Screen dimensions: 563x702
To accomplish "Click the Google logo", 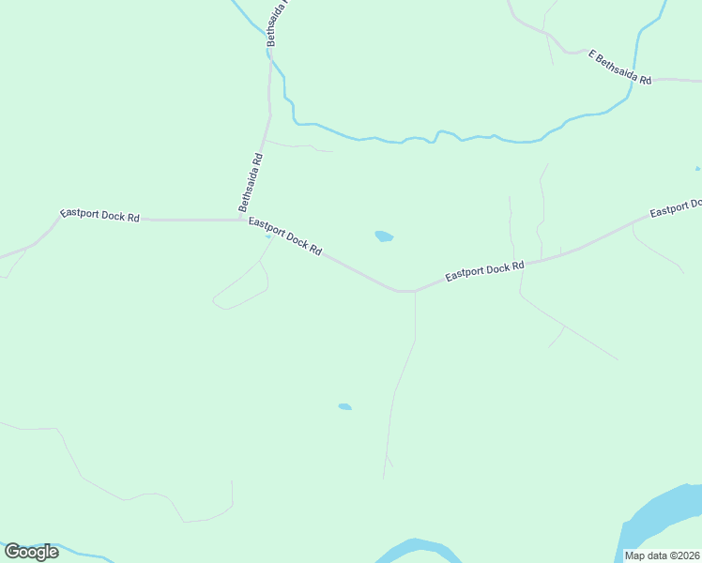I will click(32, 551).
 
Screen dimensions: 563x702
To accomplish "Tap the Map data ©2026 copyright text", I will click(663, 555).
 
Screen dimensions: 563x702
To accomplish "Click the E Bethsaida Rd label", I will click(619, 68).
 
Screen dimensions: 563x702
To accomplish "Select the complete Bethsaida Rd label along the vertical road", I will click(250, 182).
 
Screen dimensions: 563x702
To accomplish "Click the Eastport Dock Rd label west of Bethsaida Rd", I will click(99, 215).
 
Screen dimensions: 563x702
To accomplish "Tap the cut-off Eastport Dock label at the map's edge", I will click(676, 208).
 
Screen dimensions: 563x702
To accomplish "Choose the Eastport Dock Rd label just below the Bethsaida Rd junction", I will click(285, 236).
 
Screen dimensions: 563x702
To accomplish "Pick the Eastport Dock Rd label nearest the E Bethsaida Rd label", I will click(484, 271).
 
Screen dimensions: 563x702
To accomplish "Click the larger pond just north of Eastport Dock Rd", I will click(384, 236).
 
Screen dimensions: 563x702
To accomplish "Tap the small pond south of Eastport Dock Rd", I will click(344, 406).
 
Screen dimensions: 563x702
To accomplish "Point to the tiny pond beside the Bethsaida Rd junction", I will click(267, 236).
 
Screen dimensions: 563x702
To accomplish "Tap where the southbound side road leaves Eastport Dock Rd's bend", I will click(415, 292).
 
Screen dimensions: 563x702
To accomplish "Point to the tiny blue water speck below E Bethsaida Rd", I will click(697, 168).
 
